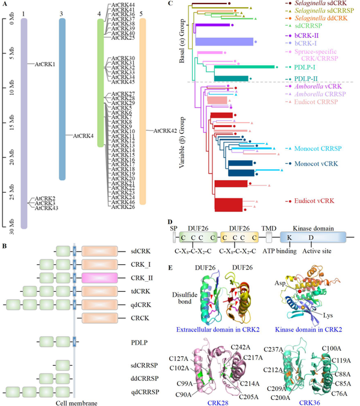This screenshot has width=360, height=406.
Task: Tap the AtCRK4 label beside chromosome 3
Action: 83,136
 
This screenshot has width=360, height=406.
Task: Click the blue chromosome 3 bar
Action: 62,99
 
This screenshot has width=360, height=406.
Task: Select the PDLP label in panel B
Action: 140,344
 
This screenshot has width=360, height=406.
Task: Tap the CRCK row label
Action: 140,317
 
